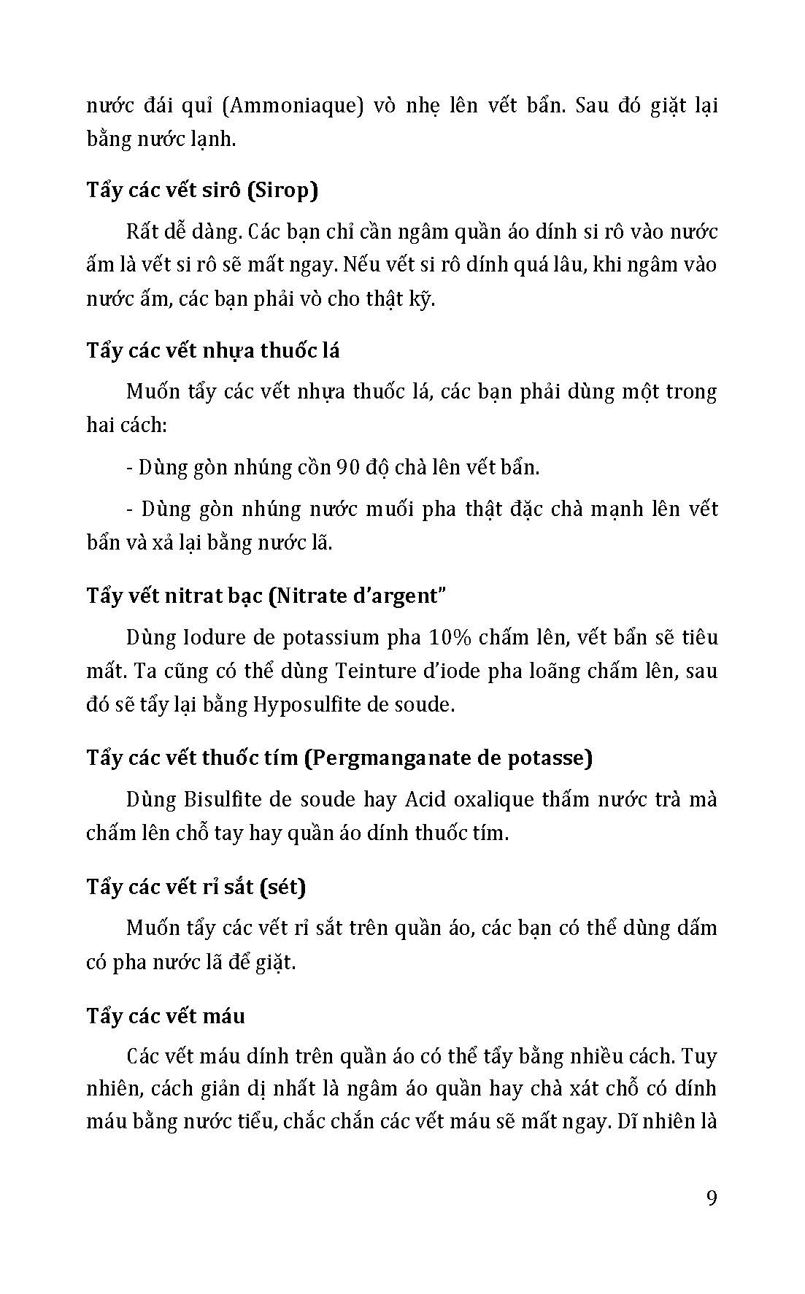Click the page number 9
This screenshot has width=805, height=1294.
(x=712, y=1198)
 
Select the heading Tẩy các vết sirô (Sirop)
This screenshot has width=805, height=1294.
(x=203, y=190)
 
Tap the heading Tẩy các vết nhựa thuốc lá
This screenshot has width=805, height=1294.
(x=213, y=350)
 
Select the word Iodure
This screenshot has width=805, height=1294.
(x=189, y=638)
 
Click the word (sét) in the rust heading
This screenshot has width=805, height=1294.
(x=282, y=887)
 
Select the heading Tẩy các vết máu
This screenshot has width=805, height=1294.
(x=166, y=1015)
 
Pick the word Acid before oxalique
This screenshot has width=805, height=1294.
(x=420, y=800)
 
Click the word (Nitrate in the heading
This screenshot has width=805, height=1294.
(x=308, y=596)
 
